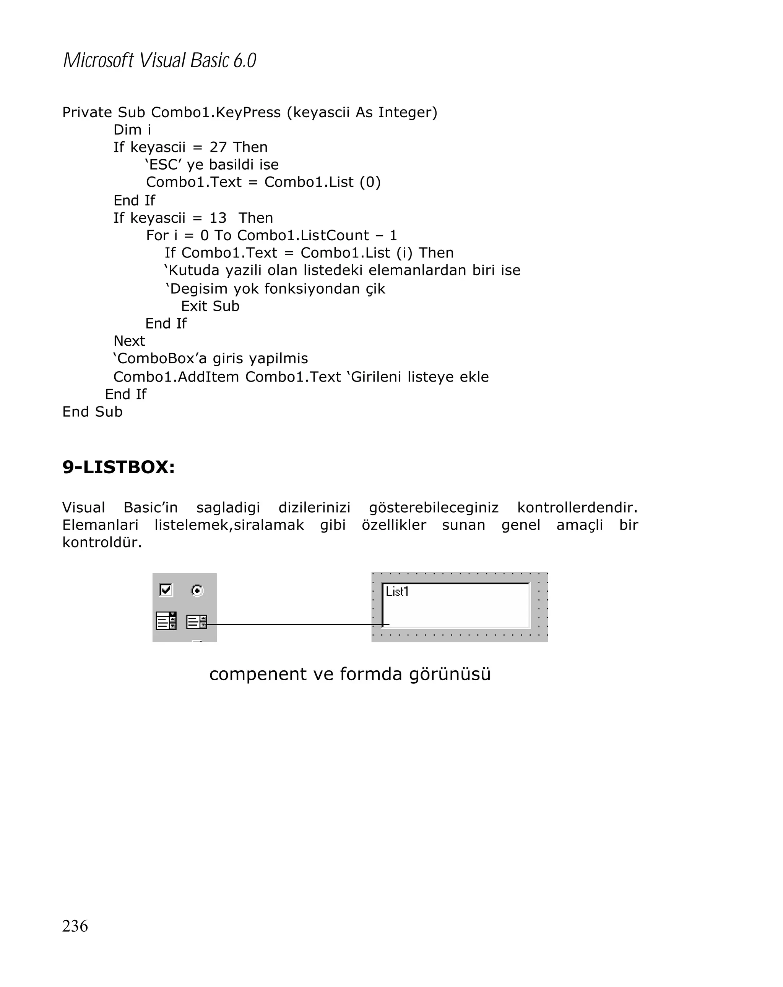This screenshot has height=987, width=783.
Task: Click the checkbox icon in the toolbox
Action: coord(166,590)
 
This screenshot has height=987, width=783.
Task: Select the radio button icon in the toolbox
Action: coord(197,591)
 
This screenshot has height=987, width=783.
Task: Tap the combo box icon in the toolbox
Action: coord(166,621)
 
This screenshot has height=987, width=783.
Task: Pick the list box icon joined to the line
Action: coord(197,622)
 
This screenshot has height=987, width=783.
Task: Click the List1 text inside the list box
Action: coord(397,592)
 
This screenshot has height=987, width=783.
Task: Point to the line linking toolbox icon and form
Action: coord(293,624)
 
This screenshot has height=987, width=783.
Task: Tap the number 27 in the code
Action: coord(218,147)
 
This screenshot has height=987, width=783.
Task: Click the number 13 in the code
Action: coord(218,218)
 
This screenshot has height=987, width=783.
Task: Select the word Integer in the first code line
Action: coord(407,112)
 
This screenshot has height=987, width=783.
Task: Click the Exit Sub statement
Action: coord(210,306)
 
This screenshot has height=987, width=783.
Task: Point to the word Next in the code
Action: coord(129,341)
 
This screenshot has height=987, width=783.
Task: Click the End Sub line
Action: coord(93,411)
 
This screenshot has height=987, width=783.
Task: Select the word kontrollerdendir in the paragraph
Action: coord(577,508)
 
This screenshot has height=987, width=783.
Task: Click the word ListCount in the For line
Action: coord(335,235)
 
